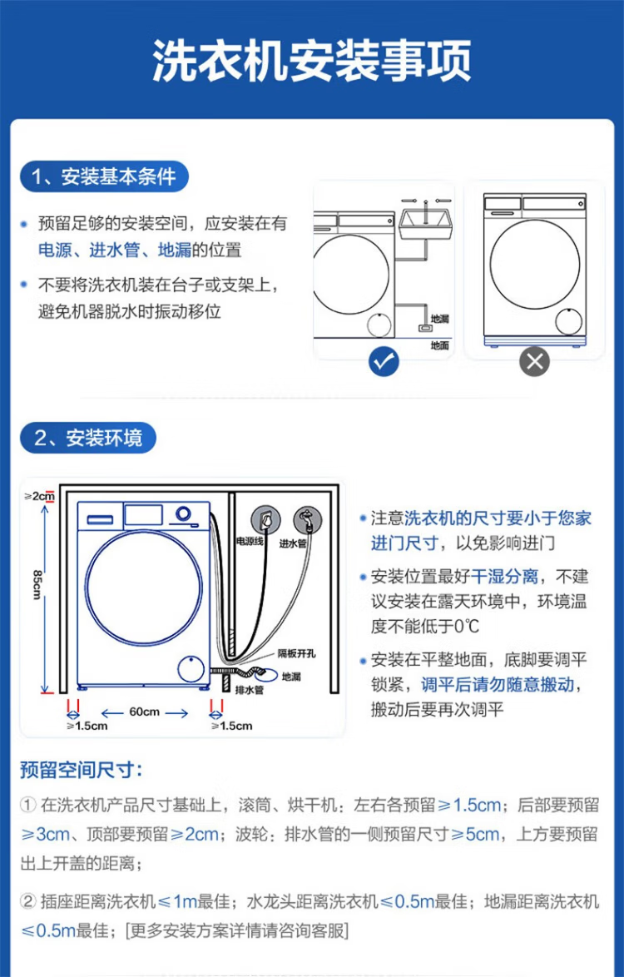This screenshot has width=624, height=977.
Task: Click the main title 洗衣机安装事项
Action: tap(312, 59)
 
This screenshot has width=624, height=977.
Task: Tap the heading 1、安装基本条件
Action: tap(104, 176)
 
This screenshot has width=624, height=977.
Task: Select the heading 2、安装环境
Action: tap(87, 439)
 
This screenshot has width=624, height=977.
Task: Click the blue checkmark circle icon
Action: tap(384, 360)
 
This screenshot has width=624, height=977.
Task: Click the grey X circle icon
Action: tap(534, 360)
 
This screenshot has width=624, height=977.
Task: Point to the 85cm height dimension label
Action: tap(37, 583)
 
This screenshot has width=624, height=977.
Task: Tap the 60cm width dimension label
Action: tap(144, 712)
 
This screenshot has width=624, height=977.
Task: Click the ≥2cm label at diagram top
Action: tap(39, 496)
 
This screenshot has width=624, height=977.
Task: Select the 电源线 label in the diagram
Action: tap(249, 542)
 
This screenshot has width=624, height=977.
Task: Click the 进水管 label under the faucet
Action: tap(293, 543)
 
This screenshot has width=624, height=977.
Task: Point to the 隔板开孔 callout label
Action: tap(294, 655)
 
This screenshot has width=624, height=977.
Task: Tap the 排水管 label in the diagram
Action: tap(249, 690)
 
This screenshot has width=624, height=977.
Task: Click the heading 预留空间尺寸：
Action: tap(81, 770)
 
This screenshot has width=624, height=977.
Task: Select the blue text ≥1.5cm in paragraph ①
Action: tap(469, 805)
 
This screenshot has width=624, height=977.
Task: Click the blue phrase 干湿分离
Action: tap(504, 577)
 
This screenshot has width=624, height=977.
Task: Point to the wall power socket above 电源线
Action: tap(266, 519)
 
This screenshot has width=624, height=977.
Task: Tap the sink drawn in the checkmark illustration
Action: tap(424, 224)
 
